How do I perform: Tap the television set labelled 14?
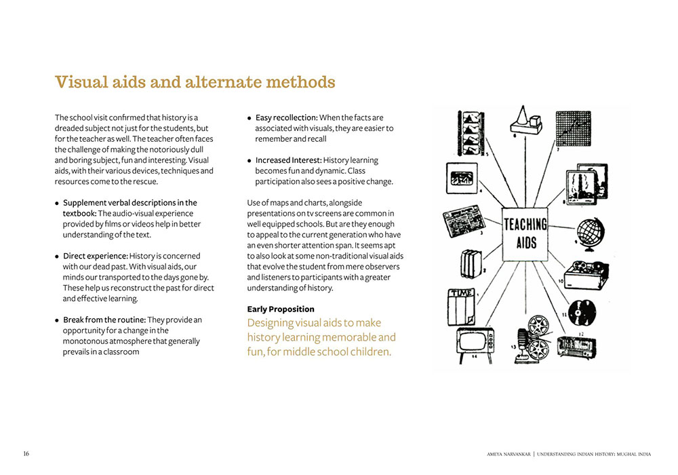[x=475, y=341]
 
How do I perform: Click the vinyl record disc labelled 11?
[x=582, y=311]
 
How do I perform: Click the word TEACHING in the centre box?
[x=525, y=223]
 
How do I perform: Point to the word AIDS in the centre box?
[x=525, y=242]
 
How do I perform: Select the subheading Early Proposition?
[x=281, y=309]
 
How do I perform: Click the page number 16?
[x=26, y=453]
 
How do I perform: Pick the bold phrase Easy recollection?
[x=286, y=118]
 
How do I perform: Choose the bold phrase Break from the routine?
[x=104, y=320]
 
